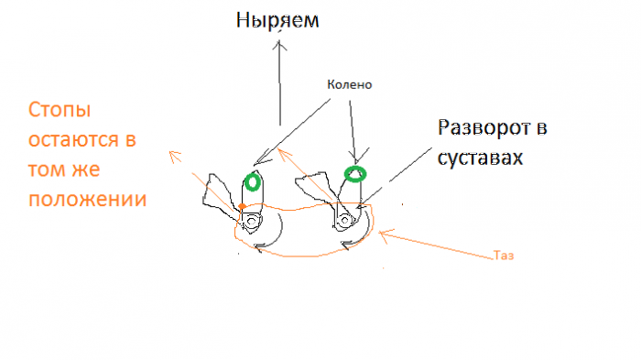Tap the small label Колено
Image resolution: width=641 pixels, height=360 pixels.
click(x=349, y=85)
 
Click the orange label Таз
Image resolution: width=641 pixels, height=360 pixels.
click(x=503, y=256)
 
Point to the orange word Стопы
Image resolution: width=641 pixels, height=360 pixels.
click(x=59, y=114)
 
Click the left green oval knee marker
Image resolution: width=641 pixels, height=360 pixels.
click(x=254, y=181)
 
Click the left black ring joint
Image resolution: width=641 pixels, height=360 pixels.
click(x=250, y=221)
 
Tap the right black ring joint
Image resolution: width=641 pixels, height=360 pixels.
click(x=344, y=221)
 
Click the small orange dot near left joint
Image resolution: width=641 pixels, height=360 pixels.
click(x=241, y=207)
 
